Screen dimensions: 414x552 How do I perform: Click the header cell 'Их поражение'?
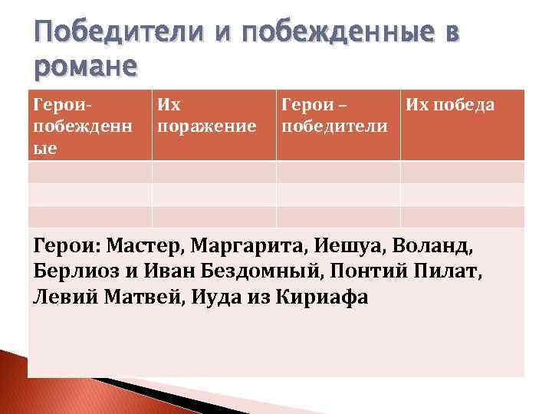206,114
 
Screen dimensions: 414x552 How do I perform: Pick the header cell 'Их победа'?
450,104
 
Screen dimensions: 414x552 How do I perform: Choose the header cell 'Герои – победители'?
334,114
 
